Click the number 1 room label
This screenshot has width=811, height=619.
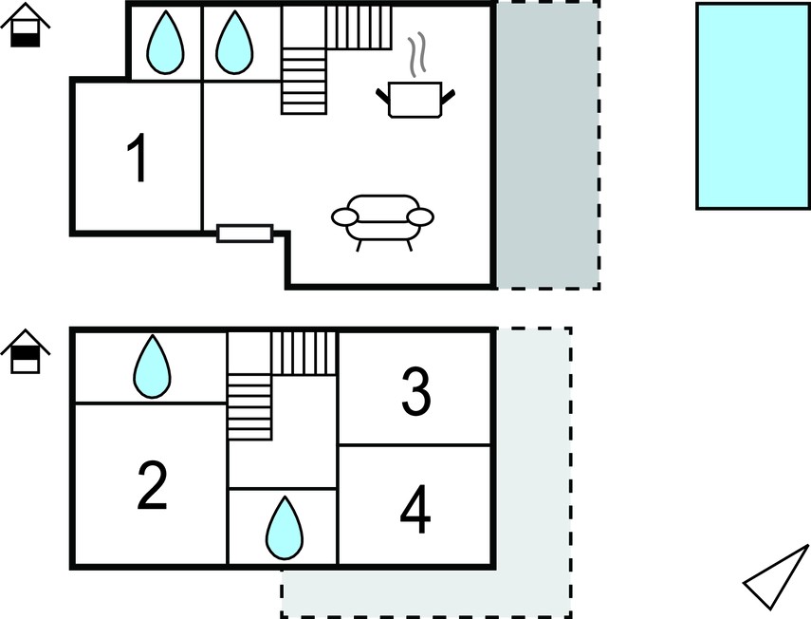138,158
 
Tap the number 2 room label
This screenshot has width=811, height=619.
153,485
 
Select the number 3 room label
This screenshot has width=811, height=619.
416,391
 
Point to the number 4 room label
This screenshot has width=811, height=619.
415,509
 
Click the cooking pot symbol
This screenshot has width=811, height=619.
415,100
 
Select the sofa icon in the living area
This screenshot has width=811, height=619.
382,222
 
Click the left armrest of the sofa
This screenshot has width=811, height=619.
344,217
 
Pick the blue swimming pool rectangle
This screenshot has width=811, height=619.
753,106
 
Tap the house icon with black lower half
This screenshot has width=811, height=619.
26,26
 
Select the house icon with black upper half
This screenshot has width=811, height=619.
26,351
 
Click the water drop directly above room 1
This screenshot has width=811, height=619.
165,43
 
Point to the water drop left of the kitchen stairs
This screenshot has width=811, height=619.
233,43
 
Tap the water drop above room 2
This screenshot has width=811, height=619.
152,367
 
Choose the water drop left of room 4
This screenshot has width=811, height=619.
285,528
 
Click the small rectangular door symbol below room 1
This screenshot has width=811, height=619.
245,234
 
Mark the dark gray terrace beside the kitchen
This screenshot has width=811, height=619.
547,145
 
